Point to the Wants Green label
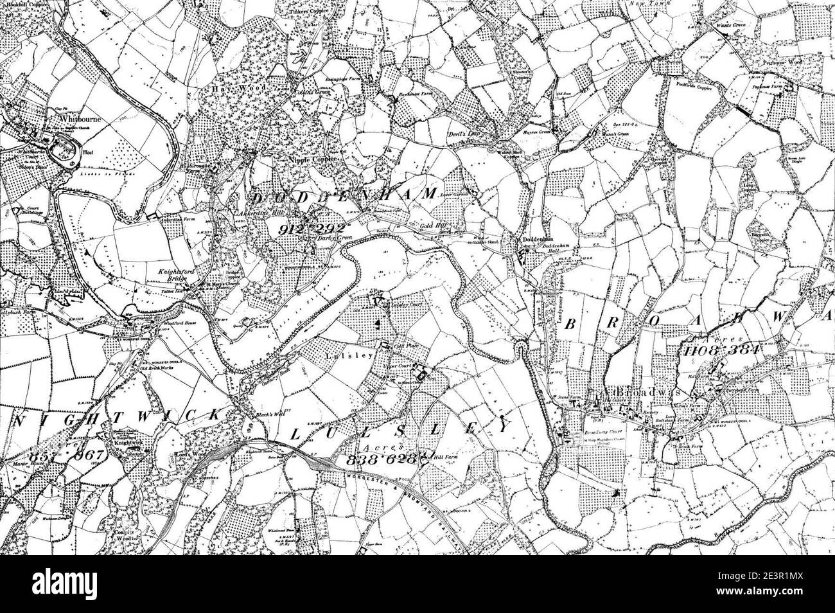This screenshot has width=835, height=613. [x=730, y=26]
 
